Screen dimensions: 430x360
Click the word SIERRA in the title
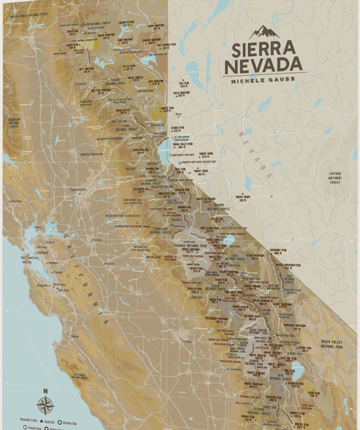263,49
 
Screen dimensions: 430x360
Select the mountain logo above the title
264,32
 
